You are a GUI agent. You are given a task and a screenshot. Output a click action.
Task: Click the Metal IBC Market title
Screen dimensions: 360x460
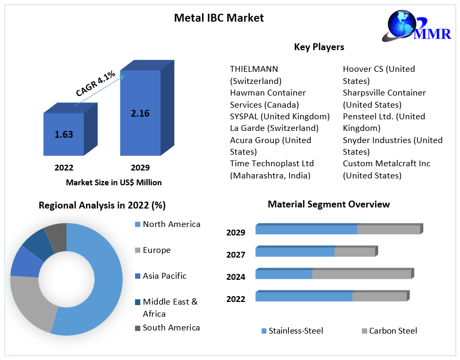[219, 17]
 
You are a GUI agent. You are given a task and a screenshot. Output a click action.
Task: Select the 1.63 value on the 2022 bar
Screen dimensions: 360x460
[64, 134]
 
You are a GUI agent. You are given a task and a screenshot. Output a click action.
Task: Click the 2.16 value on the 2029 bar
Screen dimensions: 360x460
[140, 112]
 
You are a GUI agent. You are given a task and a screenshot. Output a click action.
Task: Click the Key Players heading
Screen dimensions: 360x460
[319, 47]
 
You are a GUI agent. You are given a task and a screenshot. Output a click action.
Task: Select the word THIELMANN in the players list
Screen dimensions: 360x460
[254, 69]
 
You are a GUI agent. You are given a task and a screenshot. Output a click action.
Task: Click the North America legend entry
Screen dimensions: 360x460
[171, 224]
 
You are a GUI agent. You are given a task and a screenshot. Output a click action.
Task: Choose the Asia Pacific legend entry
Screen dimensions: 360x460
[164, 276]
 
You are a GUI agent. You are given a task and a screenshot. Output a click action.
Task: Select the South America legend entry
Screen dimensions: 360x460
[171, 328]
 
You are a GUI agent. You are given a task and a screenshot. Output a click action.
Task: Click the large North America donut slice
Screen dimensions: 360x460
[100, 285]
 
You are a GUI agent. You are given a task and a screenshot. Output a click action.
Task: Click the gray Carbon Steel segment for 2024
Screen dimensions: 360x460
[361, 274]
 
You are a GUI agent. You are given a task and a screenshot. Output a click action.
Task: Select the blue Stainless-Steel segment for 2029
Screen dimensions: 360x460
[306, 230]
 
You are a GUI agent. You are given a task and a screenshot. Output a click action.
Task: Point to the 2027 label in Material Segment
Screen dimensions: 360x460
[236, 255]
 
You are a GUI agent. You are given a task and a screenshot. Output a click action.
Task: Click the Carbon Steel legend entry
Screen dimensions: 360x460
[392, 331]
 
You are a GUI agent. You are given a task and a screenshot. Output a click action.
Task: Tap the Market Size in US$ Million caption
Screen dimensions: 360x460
[113, 182]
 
